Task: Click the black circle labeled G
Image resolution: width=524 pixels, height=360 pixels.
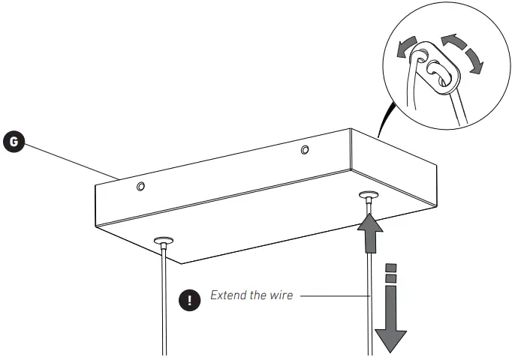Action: point(14,141)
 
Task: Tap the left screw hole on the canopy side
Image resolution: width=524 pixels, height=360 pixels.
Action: point(141,185)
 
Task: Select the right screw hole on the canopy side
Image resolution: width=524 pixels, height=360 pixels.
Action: point(304,150)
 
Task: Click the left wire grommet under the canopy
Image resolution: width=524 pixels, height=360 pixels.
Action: point(163,241)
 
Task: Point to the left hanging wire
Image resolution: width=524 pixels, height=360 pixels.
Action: point(163,300)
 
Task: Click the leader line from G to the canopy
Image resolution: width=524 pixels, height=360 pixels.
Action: point(68,159)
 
